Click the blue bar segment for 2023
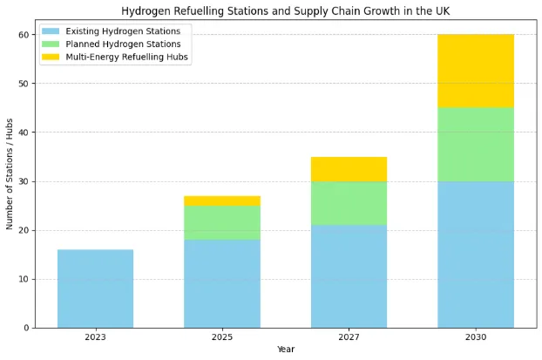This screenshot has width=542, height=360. click(95, 289)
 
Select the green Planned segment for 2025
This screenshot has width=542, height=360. click(221, 222)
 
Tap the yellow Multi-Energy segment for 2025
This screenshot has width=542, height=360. click(221, 200)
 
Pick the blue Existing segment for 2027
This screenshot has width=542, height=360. click(349, 276)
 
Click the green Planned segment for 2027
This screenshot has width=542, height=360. click(349, 203)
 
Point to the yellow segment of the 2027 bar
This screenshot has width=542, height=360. click(349, 169)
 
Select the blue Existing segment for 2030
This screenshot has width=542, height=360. click(475, 255)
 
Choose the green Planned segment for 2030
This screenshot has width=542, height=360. click(475, 145)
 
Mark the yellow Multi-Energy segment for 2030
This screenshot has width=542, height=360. click(475, 71)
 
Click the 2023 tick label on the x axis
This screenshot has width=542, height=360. click(95, 336)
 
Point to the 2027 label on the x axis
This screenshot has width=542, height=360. click(349, 336)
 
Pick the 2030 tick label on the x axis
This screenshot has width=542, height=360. click(475, 336)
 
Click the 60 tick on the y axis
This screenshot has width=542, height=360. click(24, 35)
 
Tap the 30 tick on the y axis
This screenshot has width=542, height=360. click(24, 181)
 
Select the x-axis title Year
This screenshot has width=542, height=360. click(285, 350)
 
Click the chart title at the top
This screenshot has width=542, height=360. click(285, 10)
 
